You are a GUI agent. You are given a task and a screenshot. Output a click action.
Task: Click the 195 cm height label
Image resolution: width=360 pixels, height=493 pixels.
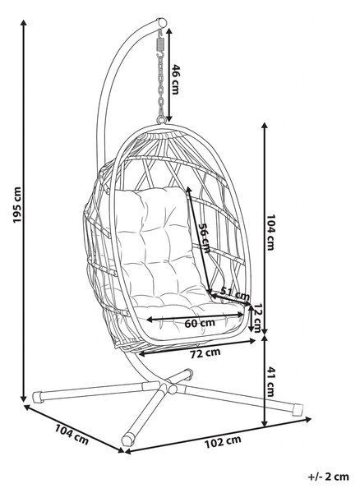pos(17,205)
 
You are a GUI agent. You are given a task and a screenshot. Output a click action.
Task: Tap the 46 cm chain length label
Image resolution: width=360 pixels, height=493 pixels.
pos(175,79)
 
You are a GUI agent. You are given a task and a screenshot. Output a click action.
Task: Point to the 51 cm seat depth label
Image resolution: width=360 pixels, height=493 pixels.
pos(234,293)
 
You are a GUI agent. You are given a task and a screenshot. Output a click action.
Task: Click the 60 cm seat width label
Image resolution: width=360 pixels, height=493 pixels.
pos(200,323)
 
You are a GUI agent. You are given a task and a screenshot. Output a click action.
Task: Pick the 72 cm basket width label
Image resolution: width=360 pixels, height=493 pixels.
pos(205,352)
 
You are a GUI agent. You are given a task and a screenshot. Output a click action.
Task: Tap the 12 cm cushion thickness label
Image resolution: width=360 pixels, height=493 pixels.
pos(258,318)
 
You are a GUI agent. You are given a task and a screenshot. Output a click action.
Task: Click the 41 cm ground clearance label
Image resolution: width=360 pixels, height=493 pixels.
pos(270,382)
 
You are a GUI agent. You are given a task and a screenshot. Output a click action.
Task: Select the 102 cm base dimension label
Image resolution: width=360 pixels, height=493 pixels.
pos(223,442)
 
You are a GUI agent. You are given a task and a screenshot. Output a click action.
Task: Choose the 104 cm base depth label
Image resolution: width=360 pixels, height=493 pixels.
pos(72,435)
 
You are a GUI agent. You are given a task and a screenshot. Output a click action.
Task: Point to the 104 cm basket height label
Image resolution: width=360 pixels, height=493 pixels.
pos(270,232)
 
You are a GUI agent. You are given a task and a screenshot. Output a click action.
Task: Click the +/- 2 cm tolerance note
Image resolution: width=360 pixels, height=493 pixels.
pos(329,477)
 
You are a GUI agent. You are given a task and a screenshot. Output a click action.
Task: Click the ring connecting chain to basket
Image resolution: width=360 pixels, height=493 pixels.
pos(161,120)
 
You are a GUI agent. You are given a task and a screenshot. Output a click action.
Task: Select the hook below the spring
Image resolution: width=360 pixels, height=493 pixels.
pos(160,55)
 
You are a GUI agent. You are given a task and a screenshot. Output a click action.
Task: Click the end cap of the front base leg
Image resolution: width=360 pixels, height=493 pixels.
pos(127,440)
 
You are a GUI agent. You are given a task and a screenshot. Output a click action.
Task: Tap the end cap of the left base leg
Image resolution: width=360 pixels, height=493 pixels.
pos(38,397)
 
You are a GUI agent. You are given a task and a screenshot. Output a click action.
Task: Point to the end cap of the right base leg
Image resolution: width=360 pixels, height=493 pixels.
pos(298,409)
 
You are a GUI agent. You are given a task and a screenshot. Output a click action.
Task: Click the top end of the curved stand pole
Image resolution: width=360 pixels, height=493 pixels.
pos(162,23)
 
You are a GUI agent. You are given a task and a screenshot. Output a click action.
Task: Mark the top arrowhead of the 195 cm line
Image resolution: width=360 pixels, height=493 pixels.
pos(23,23)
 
